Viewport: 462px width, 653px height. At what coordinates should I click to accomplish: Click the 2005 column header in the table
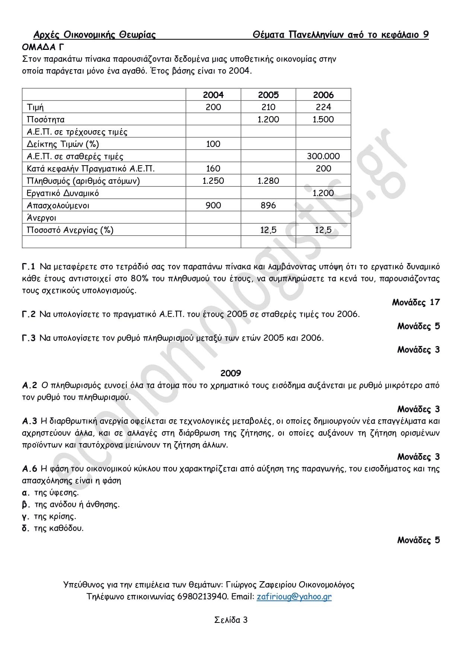pos(268,95)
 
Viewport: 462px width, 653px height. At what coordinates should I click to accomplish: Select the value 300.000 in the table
pos(323,156)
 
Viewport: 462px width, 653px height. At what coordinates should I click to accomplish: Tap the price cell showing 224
pos(323,107)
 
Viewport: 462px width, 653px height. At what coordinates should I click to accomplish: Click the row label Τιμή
pos(35,108)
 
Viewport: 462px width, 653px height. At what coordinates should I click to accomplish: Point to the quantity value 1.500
pos(323,119)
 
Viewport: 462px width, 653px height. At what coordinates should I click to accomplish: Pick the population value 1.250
pos(213,181)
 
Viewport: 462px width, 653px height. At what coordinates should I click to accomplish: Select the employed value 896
pos(268,205)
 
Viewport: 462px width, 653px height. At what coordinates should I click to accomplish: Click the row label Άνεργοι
pos(41,218)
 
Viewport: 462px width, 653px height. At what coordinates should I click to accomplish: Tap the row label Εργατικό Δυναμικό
pos(63,193)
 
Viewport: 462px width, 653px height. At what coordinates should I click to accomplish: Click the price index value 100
pos(213,144)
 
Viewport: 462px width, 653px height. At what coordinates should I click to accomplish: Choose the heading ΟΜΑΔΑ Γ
pos(43,47)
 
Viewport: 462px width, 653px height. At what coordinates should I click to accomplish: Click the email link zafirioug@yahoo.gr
pos(294,596)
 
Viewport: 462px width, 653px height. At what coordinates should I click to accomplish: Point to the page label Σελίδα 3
pos(231,620)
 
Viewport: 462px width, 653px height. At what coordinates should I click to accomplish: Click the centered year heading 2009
pos(231,373)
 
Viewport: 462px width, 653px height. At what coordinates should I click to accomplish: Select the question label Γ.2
pos(29,314)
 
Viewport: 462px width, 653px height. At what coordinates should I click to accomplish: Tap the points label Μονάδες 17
pos(415,302)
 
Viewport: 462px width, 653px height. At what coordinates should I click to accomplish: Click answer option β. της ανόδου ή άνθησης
pos(71,505)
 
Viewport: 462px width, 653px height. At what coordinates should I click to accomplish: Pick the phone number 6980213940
pos(202,596)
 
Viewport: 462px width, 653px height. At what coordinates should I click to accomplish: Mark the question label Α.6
pos(29,469)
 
